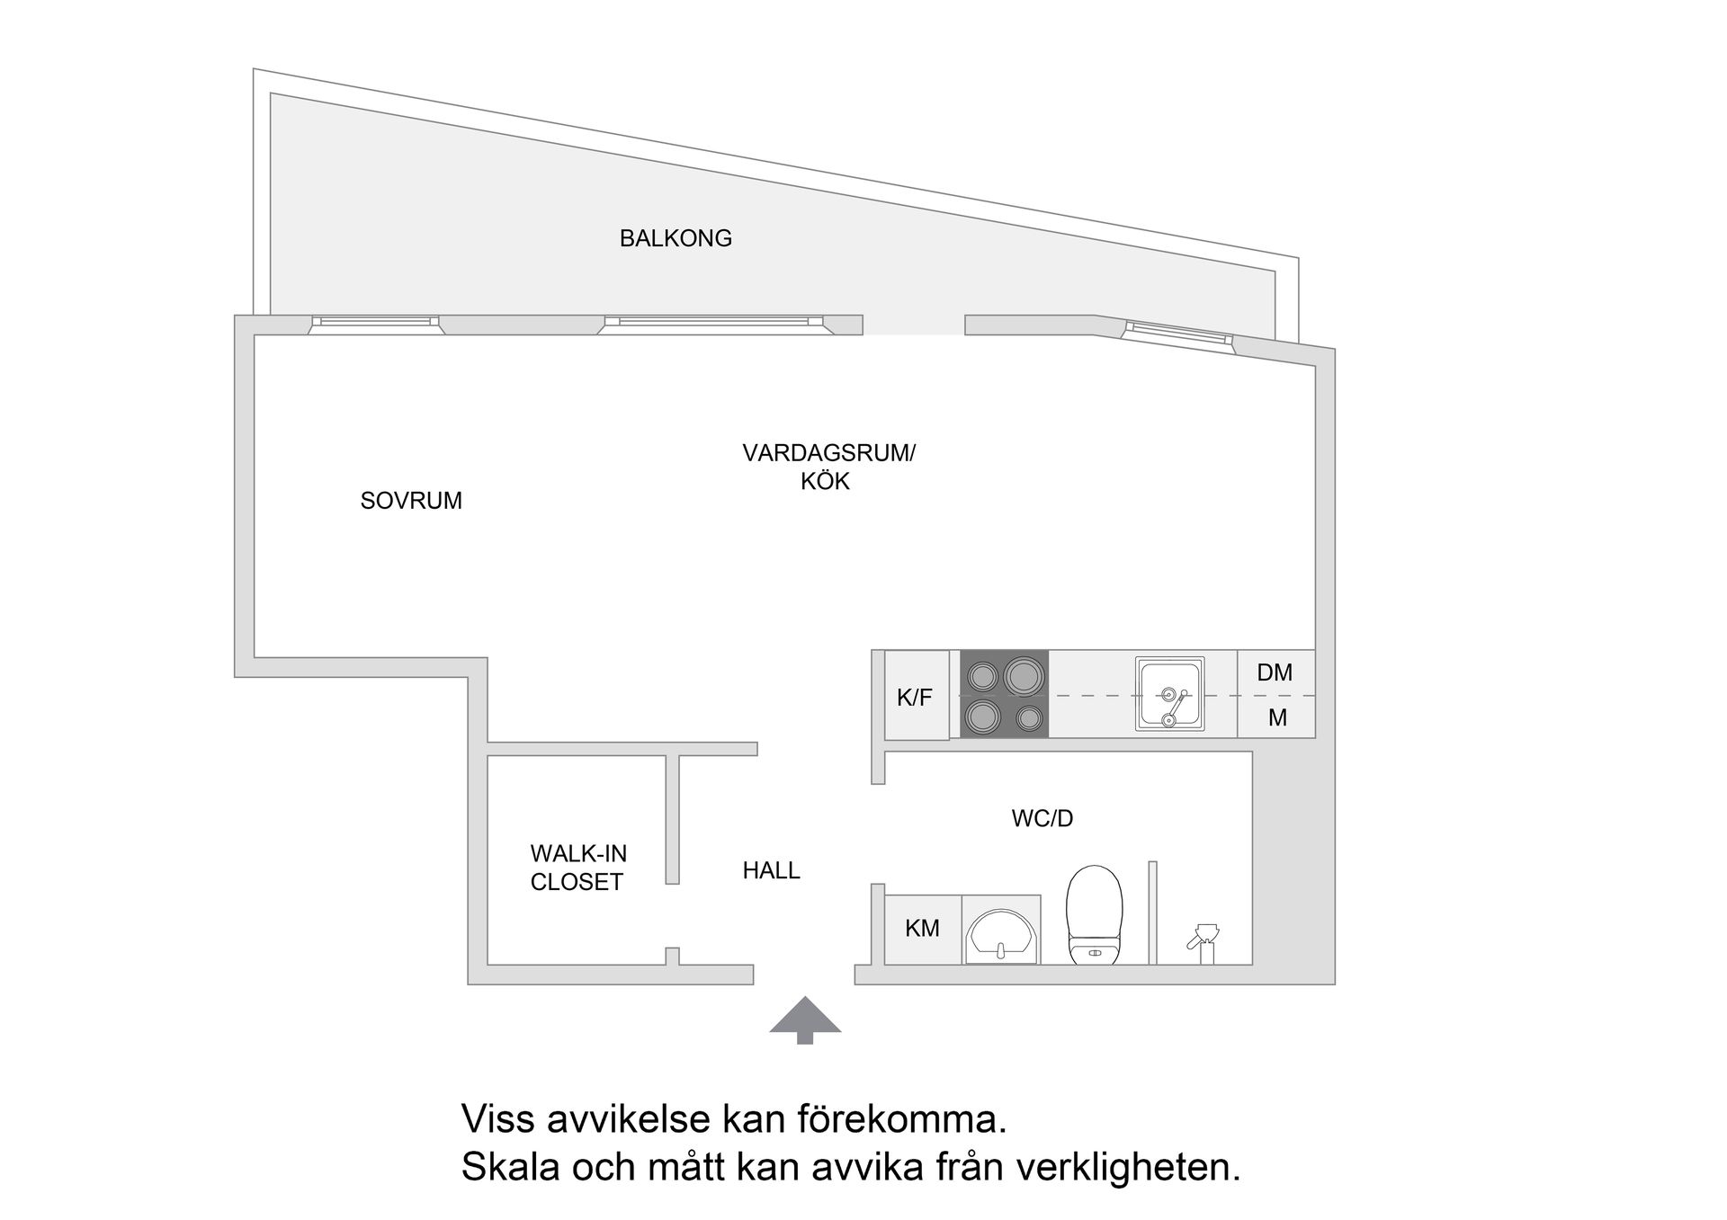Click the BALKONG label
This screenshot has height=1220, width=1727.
tap(676, 238)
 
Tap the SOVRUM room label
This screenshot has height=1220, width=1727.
tap(411, 501)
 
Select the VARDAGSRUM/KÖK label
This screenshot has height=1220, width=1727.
tap(828, 467)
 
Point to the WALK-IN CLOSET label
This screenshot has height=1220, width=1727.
tap(577, 868)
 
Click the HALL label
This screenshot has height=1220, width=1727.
tap(771, 870)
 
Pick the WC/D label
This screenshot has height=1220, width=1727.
tap(1042, 818)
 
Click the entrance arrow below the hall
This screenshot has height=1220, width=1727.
tap(805, 1020)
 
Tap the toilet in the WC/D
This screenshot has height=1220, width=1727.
tap(1094, 915)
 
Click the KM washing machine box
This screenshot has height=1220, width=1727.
tap(922, 929)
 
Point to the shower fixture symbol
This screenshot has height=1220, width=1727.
tap(1203, 942)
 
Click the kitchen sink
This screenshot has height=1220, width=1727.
tap(1169, 694)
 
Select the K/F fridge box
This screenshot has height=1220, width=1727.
tap(916, 696)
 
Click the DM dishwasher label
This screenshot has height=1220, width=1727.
tap(1275, 672)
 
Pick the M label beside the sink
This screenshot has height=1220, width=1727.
tap(1277, 717)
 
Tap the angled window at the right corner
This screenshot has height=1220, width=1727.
tap(1177, 333)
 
